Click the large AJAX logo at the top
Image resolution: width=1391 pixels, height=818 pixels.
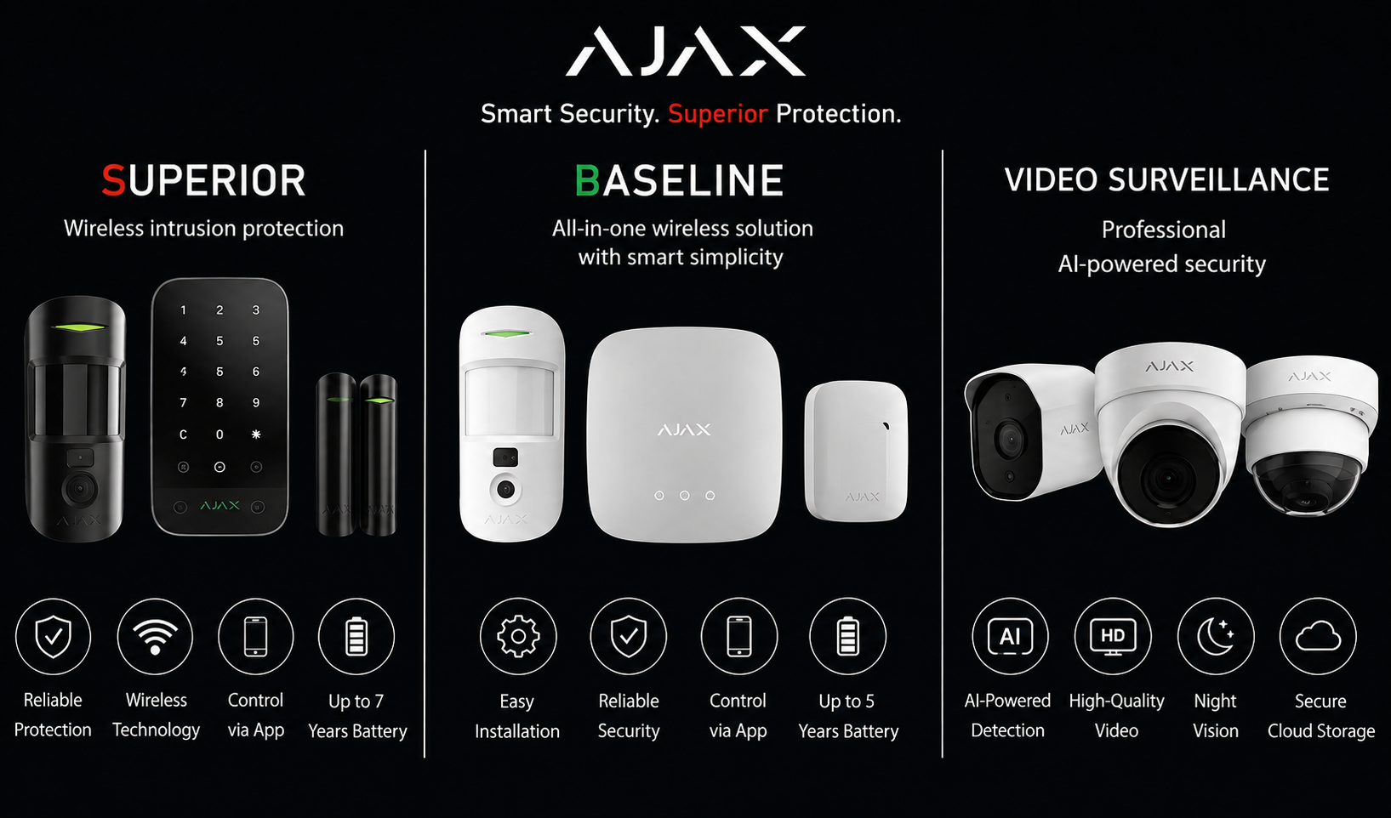coord(686,51)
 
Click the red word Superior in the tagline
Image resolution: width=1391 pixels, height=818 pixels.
coord(718,114)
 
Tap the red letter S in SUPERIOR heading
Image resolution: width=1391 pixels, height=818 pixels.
coord(114,180)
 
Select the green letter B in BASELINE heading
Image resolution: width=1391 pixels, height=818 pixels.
coord(587,180)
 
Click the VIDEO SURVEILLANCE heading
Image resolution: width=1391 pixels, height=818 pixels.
coord(1166,180)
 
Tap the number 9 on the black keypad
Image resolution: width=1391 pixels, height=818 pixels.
coord(256,403)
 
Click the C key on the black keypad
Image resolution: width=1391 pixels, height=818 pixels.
coord(183,435)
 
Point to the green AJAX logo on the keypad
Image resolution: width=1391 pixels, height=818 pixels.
coord(219,506)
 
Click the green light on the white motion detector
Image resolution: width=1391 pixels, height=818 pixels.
coord(507,334)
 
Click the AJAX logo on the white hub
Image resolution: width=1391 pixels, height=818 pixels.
coord(684,429)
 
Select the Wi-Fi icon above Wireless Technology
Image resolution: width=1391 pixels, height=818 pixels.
coord(155,636)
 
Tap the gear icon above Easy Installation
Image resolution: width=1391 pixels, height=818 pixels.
coord(518,636)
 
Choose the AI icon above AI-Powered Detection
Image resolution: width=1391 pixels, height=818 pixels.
coord(1010,636)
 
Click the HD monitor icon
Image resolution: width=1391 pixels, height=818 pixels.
coord(1113,636)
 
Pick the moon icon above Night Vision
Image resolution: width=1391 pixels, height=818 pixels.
coord(1215,636)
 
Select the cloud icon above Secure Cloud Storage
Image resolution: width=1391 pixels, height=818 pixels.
coord(1318,637)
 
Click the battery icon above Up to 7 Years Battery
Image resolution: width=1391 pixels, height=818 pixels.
coord(356,636)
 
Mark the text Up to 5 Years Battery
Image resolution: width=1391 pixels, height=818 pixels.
coord(848,716)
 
